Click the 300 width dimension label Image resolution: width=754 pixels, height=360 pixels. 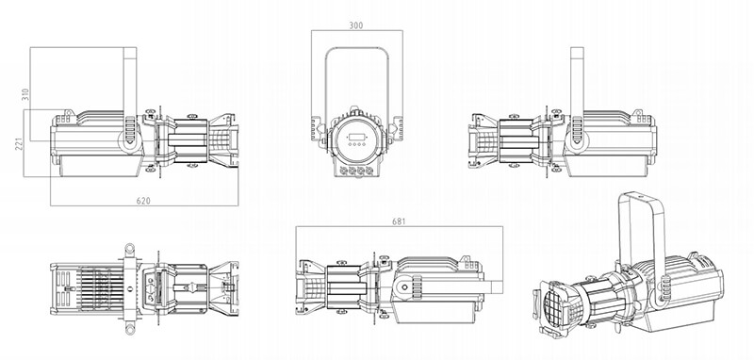click(x=356, y=26)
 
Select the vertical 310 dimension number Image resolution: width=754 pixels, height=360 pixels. click(x=26, y=94)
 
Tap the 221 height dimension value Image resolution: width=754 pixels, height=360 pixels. click(x=19, y=143)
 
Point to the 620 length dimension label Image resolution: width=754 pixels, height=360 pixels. click(x=143, y=201)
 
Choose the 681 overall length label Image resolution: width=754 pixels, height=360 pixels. click(x=399, y=221)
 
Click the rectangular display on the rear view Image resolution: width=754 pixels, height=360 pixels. click(x=356, y=137)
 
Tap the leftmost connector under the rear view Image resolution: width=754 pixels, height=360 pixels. click(x=343, y=171)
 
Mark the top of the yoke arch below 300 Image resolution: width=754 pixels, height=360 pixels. click(x=357, y=48)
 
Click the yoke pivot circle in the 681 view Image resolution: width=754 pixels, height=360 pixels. click(x=404, y=287)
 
